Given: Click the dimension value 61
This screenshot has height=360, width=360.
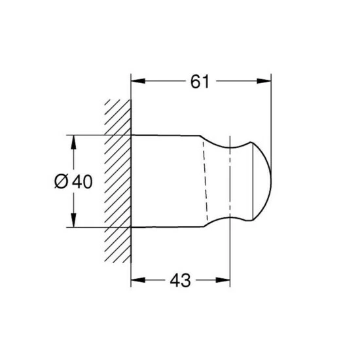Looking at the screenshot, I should pos(200,82).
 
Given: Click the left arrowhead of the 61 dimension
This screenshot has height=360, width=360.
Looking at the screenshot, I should pos(136,82).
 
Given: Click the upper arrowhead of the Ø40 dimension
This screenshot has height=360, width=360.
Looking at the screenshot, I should pos(73,139).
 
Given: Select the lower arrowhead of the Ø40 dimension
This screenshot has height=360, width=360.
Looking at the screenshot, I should pos(73,223).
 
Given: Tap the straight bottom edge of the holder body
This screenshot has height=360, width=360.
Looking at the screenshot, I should pos(167,226).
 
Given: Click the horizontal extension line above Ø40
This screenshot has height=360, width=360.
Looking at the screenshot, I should pos(92,135).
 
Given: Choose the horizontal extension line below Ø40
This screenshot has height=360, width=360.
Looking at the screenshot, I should pos(92,227).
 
